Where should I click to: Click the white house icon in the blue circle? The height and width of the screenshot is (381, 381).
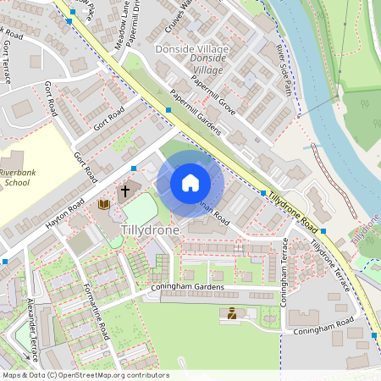click(190, 183)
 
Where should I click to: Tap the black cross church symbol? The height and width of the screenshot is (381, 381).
click(126, 190)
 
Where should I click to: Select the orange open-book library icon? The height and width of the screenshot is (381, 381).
click(104, 205)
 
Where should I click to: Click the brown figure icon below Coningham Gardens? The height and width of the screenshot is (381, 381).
click(231, 314)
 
